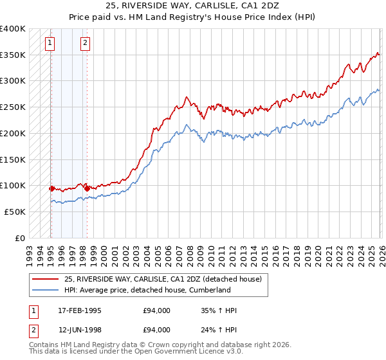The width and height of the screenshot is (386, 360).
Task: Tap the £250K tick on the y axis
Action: (x=13, y=107)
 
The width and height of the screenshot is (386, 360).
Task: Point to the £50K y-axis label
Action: (x=15, y=212)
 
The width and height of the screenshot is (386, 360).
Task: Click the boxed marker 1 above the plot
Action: (x=50, y=44)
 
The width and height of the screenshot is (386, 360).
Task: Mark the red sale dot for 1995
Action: (x=51, y=188)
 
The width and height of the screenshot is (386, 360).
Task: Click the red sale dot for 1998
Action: (x=87, y=188)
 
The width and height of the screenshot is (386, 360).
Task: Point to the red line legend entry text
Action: (x=163, y=280)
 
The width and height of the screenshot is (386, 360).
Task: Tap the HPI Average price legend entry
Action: (x=147, y=291)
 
